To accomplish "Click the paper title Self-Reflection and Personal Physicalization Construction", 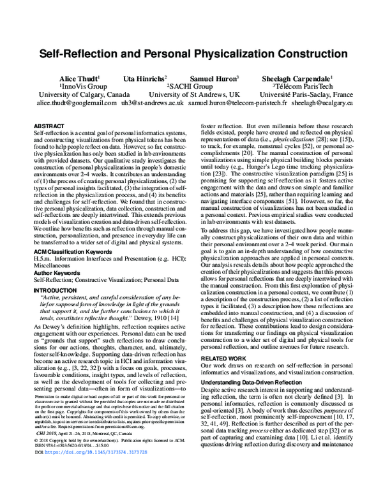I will click(191, 55).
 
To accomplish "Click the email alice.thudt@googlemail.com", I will click(71, 103).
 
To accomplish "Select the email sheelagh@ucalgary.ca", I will click(318, 103).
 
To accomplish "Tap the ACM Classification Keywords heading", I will click(69, 235).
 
